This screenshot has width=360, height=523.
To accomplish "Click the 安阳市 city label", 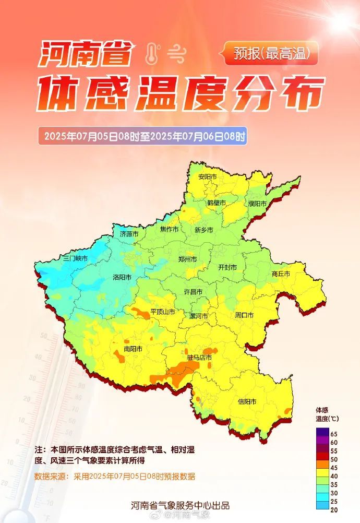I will [207, 177].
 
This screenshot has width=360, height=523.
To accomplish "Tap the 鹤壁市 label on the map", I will [216, 203].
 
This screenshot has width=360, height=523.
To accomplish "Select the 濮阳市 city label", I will [257, 204].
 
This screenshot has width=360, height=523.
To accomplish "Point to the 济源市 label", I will [129, 234].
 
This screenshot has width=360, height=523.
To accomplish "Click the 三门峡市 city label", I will [75, 258].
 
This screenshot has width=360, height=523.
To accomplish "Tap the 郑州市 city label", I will [187, 259].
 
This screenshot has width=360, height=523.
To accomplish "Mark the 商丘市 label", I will [281, 274].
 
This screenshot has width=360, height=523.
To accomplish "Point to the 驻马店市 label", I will [200, 358].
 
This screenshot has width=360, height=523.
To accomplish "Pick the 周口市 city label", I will [244, 315].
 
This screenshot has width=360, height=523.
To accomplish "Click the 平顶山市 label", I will [163, 312].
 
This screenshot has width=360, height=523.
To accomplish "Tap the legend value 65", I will [333, 434].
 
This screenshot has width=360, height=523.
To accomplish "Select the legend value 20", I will [333, 510].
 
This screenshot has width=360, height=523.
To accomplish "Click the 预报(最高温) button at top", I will [270, 53].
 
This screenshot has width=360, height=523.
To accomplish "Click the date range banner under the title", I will [142, 137].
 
